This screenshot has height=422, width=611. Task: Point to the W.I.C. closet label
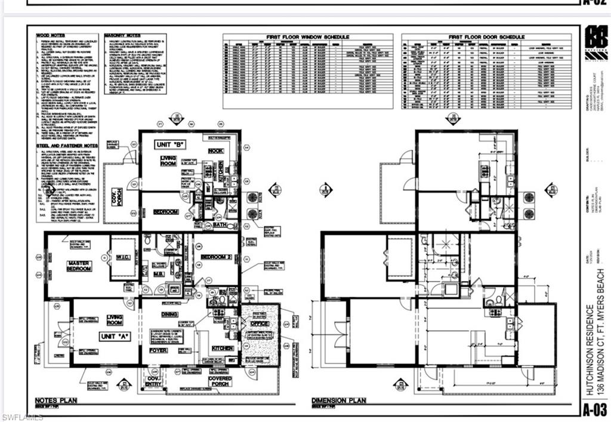click(x=124, y=258)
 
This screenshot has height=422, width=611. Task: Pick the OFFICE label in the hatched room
click(x=259, y=324)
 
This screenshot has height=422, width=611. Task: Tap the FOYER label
click(x=158, y=350)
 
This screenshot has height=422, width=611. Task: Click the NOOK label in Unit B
click(x=216, y=151)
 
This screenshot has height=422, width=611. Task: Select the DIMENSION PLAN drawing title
click(x=339, y=401)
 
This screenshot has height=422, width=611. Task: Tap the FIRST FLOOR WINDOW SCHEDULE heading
click(x=308, y=37)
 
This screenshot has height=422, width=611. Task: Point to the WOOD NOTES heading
click(x=51, y=35)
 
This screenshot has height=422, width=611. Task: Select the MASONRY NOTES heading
click(x=123, y=35)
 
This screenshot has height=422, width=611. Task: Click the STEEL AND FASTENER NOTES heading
click(x=67, y=145)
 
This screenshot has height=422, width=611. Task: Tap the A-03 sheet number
click(x=594, y=409)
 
